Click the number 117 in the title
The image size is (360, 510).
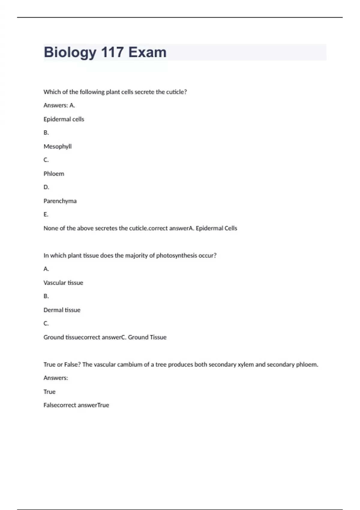(112, 52)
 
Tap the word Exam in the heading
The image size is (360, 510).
(147, 52)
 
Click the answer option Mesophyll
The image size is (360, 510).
(58, 146)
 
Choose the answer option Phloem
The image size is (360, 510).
(54, 174)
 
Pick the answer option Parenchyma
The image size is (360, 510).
(60, 201)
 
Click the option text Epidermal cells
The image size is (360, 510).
(64, 119)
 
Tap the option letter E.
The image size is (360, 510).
(46, 214)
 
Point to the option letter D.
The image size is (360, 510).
(46, 187)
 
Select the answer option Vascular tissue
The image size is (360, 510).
(63, 283)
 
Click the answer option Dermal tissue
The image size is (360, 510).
(62, 310)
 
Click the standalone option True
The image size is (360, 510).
(49, 392)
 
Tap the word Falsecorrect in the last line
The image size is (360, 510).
(60, 405)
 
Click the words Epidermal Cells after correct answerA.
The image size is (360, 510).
(216, 228)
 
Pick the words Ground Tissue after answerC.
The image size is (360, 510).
(147, 337)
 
